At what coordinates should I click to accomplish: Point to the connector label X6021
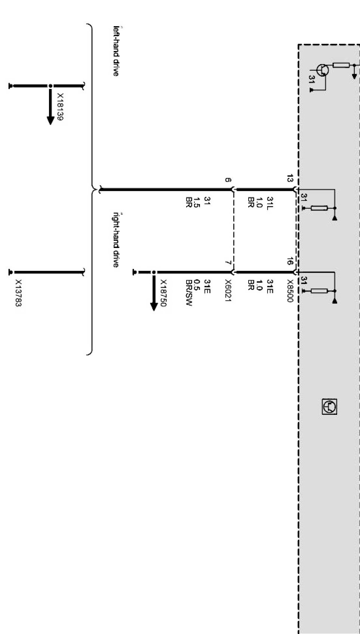pos(228,291)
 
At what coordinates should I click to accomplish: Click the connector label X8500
pos(290,291)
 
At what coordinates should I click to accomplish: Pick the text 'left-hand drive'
pos(116,51)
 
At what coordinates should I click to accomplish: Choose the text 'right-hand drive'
pos(116,240)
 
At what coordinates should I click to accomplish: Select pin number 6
pos(228,180)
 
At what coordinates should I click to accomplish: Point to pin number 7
pos(228,263)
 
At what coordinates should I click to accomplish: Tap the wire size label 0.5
pos(198,285)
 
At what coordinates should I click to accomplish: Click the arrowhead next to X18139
pos(50,120)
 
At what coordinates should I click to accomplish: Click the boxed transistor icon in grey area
pos(329,407)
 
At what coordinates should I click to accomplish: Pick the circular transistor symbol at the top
pos(322,70)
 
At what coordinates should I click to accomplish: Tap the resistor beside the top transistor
pos(341,65)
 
